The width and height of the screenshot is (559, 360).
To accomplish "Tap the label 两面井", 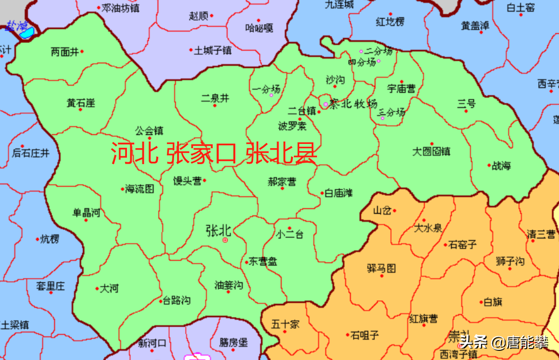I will pyautogui.click(x=64, y=51).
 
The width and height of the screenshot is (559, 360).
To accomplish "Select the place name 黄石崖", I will pyautogui.click(x=81, y=103).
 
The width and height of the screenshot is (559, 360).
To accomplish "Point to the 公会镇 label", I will pyautogui.click(x=149, y=130).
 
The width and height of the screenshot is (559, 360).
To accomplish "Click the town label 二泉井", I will pyautogui.click(x=215, y=98).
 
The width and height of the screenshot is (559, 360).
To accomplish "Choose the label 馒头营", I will pyautogui.click(x=187, y=181).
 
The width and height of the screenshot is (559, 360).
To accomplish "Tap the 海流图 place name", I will pyautogui.click(x=140, y=189).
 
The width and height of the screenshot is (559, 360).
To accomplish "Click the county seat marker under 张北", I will pyautogui.click(x=225, y=240).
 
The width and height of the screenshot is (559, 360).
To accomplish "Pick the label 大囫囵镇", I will pyautogui.click(x=432, y=151).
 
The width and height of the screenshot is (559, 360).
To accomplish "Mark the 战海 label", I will pyautogui.click(x=501, y=166).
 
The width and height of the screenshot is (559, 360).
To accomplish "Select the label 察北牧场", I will pyautogui.click(x=353, y=103).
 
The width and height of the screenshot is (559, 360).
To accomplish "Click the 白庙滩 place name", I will pyautogui.click(x=339, y=193).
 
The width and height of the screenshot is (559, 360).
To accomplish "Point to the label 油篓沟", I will pyautogui.click(x=229, y=285).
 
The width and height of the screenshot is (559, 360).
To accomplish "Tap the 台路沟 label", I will pyautogui.click(x=177, y=301).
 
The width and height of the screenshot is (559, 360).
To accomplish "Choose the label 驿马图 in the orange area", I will pyautogui.click(x=381, y=268).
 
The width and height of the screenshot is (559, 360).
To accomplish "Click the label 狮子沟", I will pyautogui.click(x=509, y=261).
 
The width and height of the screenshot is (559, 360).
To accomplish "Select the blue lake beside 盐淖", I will pyautogui.click(x=26, y=33).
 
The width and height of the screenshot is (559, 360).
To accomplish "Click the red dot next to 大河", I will pyautogui.click(x=97, y=289).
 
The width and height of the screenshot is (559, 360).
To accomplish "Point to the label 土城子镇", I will pyautogui.click(x=212, y=50).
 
